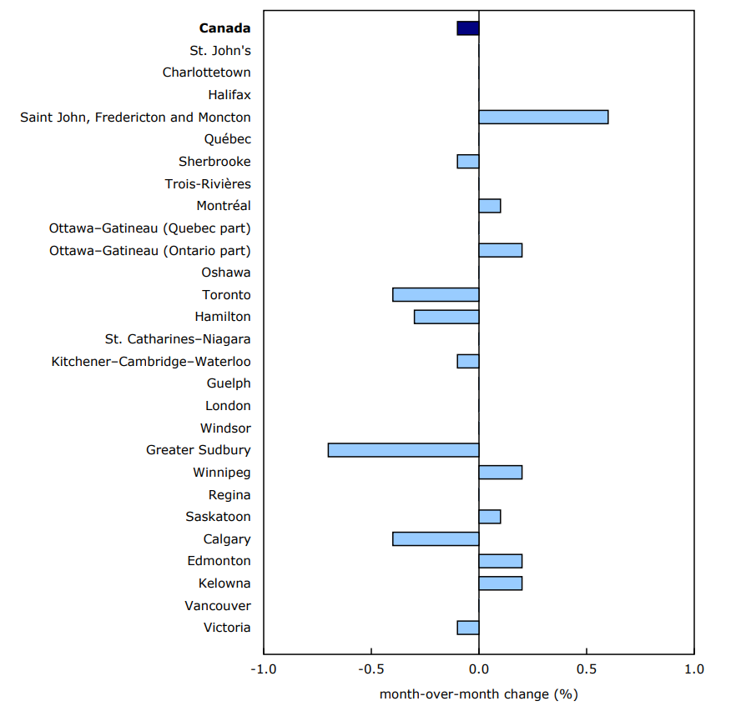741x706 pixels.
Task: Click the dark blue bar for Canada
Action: pos(468,28)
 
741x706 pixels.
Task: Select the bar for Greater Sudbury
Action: pos(403,450)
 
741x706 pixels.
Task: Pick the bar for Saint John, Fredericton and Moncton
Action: pos(543,117)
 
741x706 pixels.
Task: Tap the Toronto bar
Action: pos(436,294)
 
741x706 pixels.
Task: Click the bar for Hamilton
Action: pos(446,317)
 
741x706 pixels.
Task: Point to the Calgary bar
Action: pos(436,538)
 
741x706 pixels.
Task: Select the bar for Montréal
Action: pos(490,206)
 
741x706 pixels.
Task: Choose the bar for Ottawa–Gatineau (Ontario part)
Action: pos(501,250)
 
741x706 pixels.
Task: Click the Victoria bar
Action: pos(468,628)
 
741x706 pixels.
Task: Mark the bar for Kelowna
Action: pos(501,583)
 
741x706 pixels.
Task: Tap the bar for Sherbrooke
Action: pos(468,161)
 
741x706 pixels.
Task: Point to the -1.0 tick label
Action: pos(264,669)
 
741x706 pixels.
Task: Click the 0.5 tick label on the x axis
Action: pos(587,669)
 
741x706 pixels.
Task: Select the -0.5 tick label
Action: pos(371,669)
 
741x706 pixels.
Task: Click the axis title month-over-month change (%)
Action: pos(478,693)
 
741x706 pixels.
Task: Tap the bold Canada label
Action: pos(224,28)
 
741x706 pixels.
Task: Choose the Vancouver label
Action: pos(219,606)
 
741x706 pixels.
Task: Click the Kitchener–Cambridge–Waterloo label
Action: pos(151,362)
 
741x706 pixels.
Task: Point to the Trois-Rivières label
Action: pos(208,184)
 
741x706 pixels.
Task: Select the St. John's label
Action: pos(219,51)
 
